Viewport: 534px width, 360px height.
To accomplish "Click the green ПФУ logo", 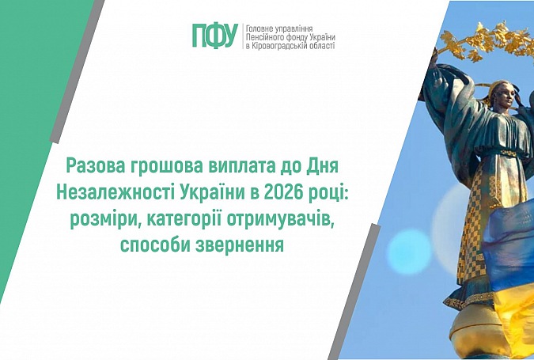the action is [x=215, y=36].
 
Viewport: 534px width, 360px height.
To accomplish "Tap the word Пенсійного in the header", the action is [x=261, y=36].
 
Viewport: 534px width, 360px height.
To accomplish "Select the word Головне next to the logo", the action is [x=258, y=28].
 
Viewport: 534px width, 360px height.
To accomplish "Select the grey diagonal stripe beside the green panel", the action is [x=78, y=71].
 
